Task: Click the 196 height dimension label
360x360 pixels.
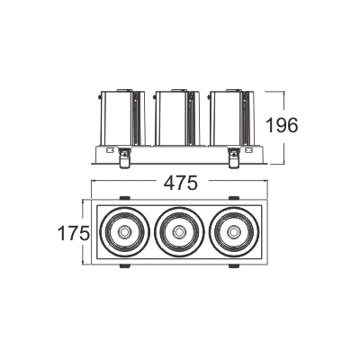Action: coord(283,125)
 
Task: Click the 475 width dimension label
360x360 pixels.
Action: coord(181,183)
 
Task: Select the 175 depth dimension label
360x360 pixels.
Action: coord(74,233)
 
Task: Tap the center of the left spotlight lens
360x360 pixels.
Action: coord(124,231)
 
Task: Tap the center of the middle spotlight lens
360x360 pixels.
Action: coord(179,231)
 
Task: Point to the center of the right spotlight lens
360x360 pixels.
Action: coord(234,231)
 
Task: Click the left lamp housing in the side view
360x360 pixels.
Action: coord(122,118)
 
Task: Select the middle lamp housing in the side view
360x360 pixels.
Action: coord(177,118)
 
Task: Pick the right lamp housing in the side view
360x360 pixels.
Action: coord(231,118)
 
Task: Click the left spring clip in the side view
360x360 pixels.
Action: coord(124,157)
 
